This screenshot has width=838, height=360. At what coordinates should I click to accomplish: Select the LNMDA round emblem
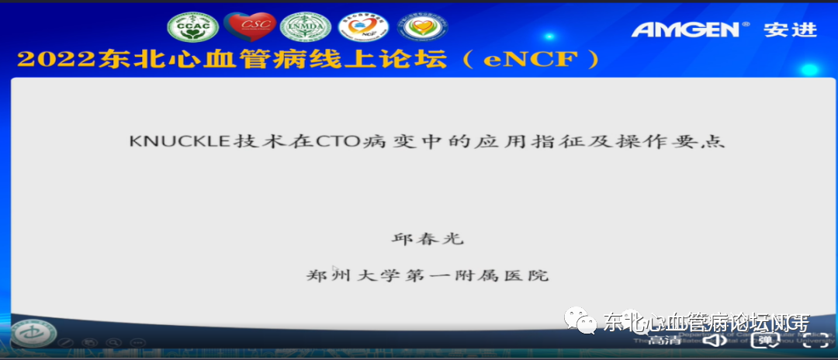(x=305, y=28)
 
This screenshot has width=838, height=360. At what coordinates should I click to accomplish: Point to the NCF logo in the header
(x=361, y=28)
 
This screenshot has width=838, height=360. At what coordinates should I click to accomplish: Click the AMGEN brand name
(x=686, y=29)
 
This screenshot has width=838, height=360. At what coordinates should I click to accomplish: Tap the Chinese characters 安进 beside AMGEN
(x=790, y=29)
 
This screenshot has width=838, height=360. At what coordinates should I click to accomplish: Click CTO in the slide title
(x=347, y=142)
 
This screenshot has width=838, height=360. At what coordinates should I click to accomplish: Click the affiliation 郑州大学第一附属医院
(x=427, y=275)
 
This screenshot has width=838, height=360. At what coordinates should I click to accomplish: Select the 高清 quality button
(x=666, y=340)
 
